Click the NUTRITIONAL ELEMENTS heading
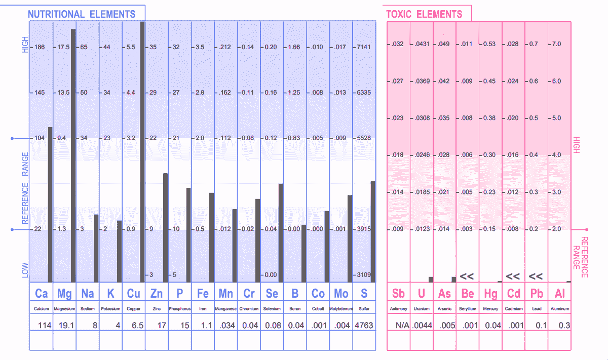[82, 14]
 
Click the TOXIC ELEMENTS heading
[424, 14]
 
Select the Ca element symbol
[41, 294]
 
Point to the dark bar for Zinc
[165, 227]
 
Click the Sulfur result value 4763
[363, 326]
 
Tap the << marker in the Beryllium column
[467, 276]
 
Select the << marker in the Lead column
[536, 276]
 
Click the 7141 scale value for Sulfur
[364, 47]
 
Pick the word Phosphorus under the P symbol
[179, 308]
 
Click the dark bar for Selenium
[281, 232]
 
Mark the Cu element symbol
[133, 294]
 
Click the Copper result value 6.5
[137, 326]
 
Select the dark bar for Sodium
[96, 248]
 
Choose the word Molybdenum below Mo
[340, 308]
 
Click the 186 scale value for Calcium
[40, 47]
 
